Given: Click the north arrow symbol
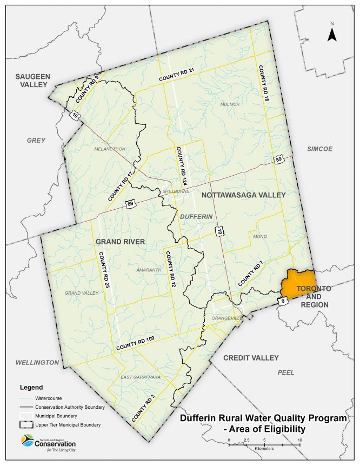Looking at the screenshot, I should click(x=332, y=34).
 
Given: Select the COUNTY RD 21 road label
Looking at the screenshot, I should click(x=176, y=78).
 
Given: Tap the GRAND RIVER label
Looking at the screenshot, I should click(x=120, y=242).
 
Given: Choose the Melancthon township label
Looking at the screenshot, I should click(x=110, y=149).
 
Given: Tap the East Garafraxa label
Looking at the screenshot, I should click(x=141, y=377).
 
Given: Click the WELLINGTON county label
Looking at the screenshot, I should click(x=37, y=362).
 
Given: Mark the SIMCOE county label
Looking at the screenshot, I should click(x=319, y=149).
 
